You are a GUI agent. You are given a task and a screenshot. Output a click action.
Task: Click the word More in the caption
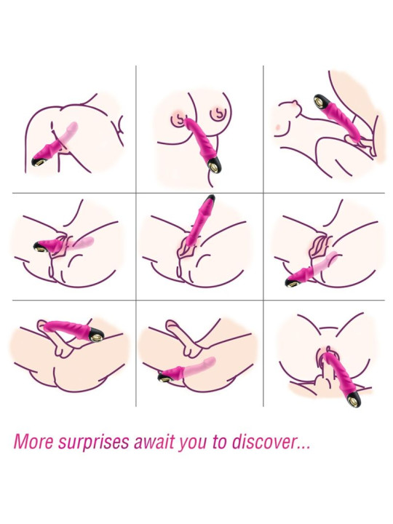click(33, 442)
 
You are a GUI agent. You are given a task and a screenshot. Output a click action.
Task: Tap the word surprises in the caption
click(94, 442)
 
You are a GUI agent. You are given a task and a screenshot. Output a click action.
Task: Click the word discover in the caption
click(263, 442)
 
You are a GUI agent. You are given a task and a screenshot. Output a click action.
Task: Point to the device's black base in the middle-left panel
click(41, 247)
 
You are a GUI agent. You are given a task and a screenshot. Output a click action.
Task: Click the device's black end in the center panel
click(210, 199)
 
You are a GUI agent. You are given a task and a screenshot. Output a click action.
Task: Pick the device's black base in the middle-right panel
click(293, 282)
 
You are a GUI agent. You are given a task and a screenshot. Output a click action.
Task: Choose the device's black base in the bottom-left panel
click(96, 335)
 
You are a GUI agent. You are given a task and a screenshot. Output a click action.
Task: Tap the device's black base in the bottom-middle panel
click(165, 377)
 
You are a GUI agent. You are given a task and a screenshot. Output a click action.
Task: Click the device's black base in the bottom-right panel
click(354, 400)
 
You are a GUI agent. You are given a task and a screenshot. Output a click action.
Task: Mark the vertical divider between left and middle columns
click(136, 236)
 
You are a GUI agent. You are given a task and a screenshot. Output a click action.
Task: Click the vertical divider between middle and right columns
click(263, 236)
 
